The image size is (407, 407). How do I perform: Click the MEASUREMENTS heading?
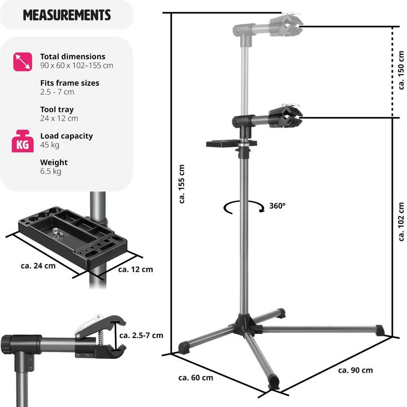tap(67, 15)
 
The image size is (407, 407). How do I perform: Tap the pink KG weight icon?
tap(21, 141)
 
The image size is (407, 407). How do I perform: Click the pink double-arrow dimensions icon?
tap(21, 62)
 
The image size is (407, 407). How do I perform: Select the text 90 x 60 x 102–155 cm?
tap(76, 66)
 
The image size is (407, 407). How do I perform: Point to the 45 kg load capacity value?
tap(50, 145)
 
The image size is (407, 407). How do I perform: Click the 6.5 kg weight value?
tap(50, 171)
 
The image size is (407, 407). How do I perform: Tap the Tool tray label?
tap(57, 110)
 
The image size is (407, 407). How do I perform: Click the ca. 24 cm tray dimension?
tap(38, 266)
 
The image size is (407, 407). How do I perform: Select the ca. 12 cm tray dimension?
tap(136, 269)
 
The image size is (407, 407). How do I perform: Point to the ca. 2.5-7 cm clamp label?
tap(141, 335)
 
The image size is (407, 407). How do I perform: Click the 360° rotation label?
tap(278, 206)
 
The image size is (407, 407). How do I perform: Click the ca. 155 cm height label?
tap(181, 184)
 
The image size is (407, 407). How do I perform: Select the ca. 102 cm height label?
tap(401, 222)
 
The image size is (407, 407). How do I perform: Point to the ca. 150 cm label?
tap(401, 70)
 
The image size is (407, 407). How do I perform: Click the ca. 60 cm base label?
tap(196, 378)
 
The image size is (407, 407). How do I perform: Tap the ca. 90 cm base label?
tap(356, 370)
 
